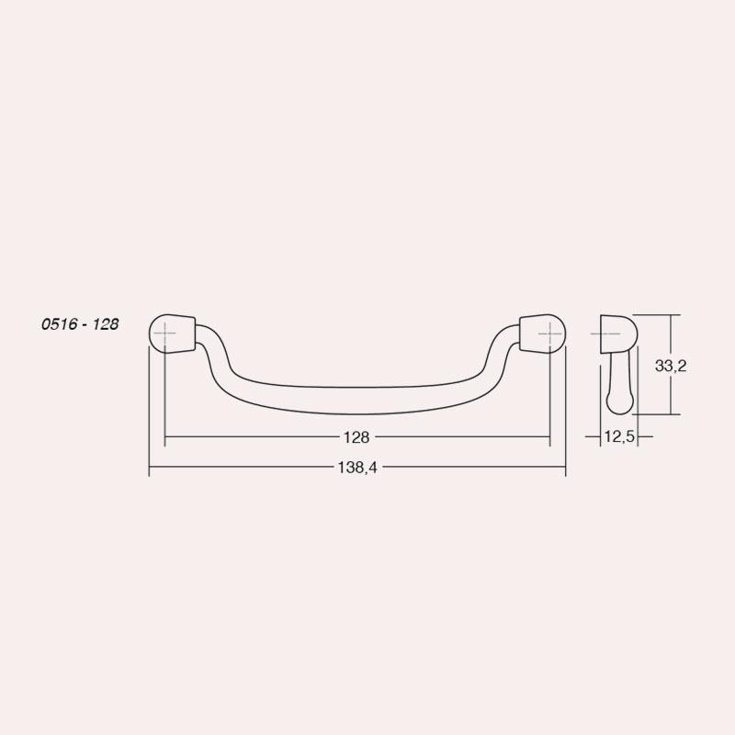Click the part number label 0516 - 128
pos(80,324)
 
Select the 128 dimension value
pos(356,437)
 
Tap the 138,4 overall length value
pos(357,468)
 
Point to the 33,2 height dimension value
pos(671,366)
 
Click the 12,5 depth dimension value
pos(619,437)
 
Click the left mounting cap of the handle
pos(172,333)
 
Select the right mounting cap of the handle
pos(543,333)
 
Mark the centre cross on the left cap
pos(165,334)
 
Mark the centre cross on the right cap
pos(549,334)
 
